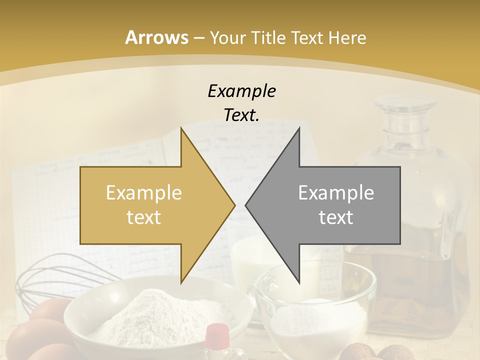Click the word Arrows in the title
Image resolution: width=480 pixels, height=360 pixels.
click(x=156, y=37)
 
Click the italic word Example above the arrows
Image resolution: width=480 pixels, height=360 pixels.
click(x=241, y=91)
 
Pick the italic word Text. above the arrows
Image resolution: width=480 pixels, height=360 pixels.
click(x=241, y=115)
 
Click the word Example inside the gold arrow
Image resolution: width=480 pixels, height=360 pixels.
click(x=144, y=192)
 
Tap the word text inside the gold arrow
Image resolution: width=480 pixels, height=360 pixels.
click(x=144, y=217)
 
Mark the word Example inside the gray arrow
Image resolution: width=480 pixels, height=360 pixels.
click(x=336, y=192)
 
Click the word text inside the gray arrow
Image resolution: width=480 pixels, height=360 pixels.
click(x=336, y=217)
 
